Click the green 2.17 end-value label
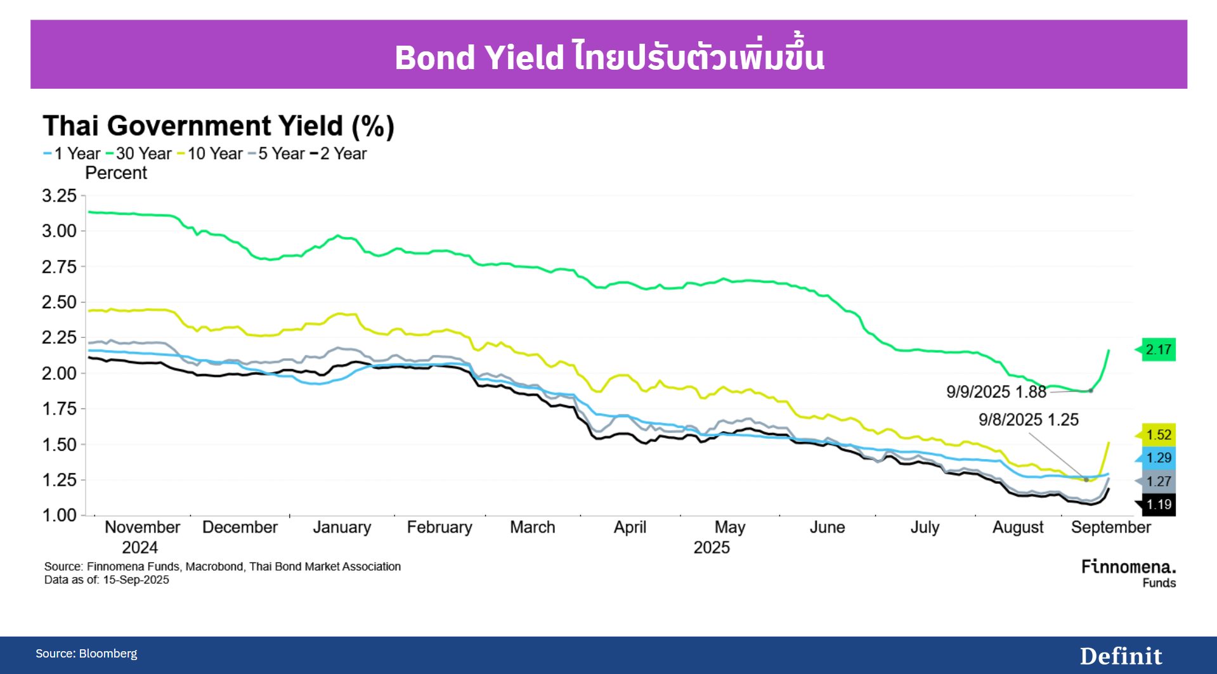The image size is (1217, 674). [x=1158, y=349]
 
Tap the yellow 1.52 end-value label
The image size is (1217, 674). [x=1158, y=435]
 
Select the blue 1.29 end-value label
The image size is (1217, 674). [x=1158, y=458]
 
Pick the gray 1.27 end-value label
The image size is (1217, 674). [x=1158, y=481]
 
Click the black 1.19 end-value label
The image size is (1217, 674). [x=1158, y=505]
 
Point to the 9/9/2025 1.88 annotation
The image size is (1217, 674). [x=996, y=392]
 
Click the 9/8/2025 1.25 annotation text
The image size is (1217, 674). [x=1028, y=420]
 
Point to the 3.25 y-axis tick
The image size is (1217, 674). [x=59, y=196]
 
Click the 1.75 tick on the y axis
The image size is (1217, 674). [x=59, y=409]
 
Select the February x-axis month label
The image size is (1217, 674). [x=439, y=528]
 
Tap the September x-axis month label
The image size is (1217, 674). [x=1110, y=528]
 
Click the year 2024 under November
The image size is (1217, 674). [x=140, y=548]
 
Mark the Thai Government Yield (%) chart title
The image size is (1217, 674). [x=218, y=126]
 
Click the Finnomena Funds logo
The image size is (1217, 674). [x=1128, y=573]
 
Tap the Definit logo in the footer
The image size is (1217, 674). [x=1121, y=656]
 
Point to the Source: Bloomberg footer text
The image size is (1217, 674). [x=86, y=654]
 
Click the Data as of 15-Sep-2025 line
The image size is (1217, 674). [x=107, y=580]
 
